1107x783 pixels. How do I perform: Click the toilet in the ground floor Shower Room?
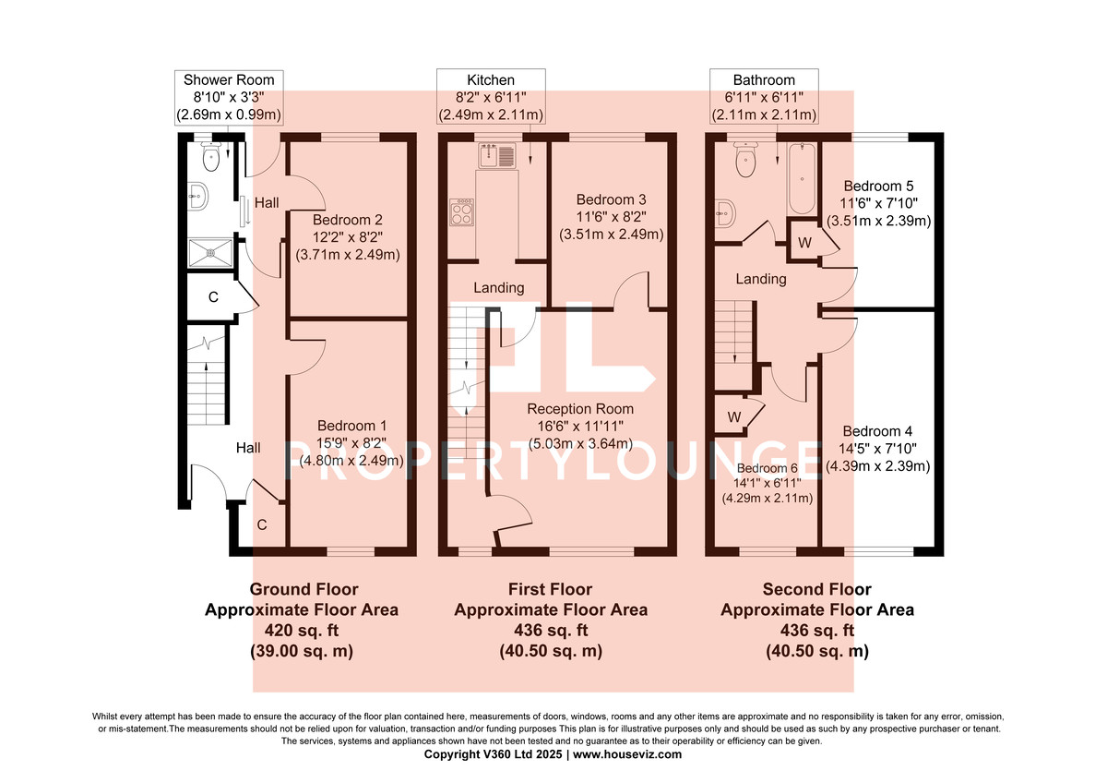coord(212,159)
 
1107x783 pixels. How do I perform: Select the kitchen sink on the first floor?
coord(494,154)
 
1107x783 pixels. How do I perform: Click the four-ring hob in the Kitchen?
coord(462,213)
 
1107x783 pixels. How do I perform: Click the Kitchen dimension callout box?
coord(491,97)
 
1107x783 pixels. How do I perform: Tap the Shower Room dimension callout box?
coord(228,97)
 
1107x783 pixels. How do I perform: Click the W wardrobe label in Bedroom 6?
coord(734,416)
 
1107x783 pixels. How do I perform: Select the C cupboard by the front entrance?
coord(261,525)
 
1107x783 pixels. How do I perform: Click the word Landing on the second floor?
coord(761,278)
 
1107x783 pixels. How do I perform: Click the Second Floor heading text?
coord(816,589)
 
